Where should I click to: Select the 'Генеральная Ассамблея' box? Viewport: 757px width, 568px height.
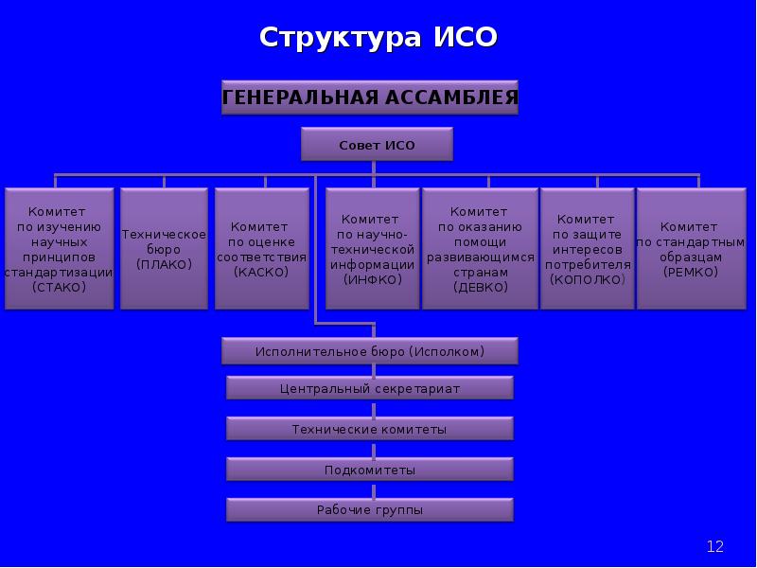[370, 97]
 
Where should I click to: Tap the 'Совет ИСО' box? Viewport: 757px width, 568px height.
[377, 145]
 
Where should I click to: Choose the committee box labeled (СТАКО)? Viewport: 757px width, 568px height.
[59, 248]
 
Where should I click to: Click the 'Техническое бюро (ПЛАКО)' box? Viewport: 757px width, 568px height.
[164, 248]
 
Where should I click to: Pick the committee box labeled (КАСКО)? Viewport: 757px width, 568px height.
[261, 248]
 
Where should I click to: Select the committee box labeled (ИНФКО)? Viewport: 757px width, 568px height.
[372, 248]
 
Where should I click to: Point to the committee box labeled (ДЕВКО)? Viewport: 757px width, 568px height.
[479, 248]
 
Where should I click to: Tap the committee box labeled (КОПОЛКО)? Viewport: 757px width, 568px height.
[587, 248]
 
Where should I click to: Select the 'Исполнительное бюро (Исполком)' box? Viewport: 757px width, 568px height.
[370, 351]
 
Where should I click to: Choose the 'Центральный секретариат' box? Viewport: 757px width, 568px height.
[370, 388]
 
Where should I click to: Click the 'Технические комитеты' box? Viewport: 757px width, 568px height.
[370, 429]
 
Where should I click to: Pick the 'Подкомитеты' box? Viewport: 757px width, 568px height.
[370, 470]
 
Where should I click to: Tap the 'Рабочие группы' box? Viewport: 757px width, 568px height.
[370, 510]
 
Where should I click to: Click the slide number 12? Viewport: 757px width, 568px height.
[714, 546]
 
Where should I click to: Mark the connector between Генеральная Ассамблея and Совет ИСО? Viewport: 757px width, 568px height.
[376, 122]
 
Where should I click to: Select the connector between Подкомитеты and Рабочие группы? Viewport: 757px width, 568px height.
[376, 489]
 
